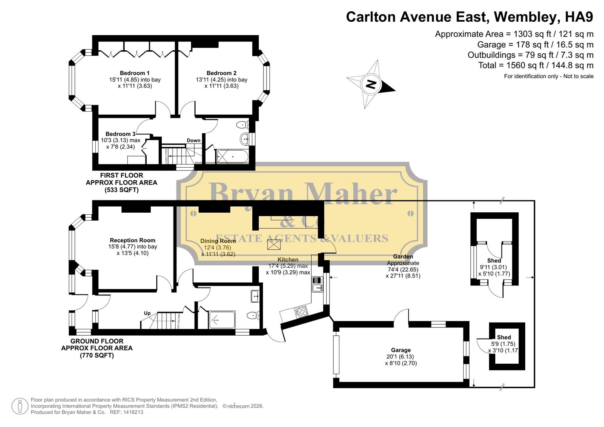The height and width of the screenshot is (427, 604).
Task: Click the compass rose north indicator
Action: pos(371,84)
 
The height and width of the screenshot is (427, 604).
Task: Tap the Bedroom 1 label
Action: pos(134,73)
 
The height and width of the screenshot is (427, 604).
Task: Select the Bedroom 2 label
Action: pos(221,73)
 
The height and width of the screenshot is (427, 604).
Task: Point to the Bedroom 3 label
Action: pos(120,134)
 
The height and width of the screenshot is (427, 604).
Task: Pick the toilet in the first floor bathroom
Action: pos(242,125)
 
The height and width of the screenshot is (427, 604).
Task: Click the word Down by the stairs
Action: pos(193,140)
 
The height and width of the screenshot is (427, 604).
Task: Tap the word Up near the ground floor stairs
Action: pos(147,313)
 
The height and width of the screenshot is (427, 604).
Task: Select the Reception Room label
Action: pos(133,240)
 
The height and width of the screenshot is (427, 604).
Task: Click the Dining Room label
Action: pos(218,241)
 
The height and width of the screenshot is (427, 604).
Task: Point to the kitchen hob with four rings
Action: pos(301,312)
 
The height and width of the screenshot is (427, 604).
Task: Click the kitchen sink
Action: pos(317,283)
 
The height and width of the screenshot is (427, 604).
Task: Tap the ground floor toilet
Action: pos(253,316)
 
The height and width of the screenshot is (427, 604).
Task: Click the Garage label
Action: pos(401,350)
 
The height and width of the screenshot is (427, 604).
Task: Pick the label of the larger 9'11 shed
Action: pos(494,261)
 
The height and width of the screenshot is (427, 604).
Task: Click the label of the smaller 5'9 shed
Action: pos(504,337)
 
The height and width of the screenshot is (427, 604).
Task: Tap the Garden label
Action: pos(403,257)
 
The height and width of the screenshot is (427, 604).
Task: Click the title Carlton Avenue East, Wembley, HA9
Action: pos(470,17)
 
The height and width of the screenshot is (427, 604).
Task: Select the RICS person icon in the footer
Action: pos(19,406)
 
